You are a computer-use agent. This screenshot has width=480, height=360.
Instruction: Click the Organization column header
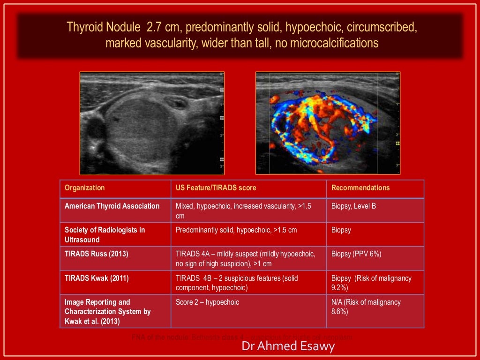coord(85,188)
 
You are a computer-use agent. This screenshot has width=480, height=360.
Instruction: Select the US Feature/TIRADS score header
coord(216,188)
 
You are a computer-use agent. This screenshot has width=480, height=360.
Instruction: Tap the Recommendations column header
coord(360,188)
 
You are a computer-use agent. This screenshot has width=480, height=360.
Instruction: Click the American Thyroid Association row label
coord(112,206)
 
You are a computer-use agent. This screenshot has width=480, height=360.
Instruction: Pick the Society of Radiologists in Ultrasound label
coord(105,235)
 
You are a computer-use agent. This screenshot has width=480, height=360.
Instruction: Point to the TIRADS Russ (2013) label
coord(97,254)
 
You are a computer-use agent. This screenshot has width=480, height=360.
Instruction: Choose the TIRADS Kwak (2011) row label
coord(97,278)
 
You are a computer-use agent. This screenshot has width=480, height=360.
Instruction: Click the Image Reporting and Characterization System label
coord(108,312)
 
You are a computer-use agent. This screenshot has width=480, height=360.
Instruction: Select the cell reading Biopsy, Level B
coord(353,206)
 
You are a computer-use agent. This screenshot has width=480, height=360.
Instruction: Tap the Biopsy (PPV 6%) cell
coord(356,254)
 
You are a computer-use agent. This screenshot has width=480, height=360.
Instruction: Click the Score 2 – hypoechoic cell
coord(207,302)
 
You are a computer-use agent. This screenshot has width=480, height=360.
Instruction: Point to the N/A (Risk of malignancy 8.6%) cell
coord(366,307)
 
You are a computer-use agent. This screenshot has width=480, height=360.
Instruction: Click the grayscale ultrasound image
coord(152,123)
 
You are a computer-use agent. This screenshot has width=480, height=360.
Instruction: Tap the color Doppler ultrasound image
coord(328,123)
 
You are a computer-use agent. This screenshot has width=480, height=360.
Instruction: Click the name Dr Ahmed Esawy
coord(288,347)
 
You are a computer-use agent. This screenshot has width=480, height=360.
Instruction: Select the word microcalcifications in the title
coord(334,43)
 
